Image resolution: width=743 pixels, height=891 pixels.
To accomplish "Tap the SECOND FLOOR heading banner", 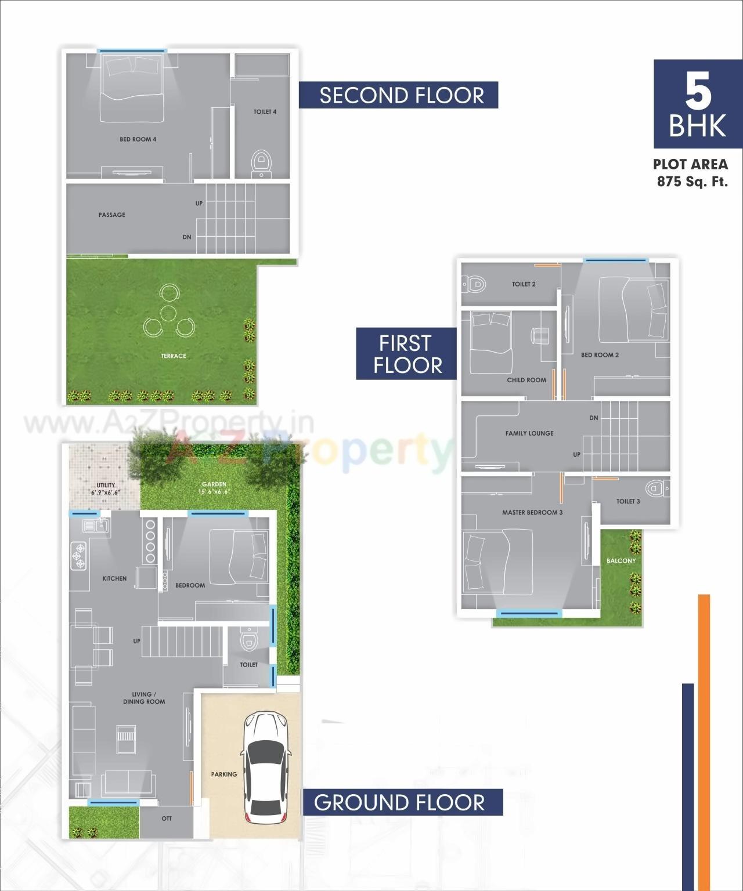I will [399, 95].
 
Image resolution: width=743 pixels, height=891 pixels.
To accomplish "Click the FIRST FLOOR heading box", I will [406, 354].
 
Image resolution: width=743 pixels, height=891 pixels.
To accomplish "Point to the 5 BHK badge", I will [698, 104].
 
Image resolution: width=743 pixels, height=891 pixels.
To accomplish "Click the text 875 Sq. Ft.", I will [692, 182].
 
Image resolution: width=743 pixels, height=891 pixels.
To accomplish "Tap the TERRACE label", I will [174, 356].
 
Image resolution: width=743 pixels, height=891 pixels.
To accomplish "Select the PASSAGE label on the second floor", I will [111, 215].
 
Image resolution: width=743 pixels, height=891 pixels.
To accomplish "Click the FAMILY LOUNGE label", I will [529, 433].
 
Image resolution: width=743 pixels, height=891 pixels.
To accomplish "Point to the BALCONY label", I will [621, 561].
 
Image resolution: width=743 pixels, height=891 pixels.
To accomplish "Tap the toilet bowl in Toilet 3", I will [656, 489].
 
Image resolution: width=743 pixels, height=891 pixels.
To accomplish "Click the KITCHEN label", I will [114, 578].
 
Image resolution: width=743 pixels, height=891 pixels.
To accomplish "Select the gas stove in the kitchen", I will [78, 555].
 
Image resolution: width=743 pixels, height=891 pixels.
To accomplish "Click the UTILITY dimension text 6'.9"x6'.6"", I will [105, 492].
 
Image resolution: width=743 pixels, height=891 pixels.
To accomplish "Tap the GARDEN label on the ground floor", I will [214, 484].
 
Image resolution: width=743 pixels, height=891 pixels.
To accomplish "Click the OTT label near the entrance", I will [167, 818].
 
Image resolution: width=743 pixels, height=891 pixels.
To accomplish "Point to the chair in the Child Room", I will [541, 335].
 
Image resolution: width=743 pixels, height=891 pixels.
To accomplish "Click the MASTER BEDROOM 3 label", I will [532, 512].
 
